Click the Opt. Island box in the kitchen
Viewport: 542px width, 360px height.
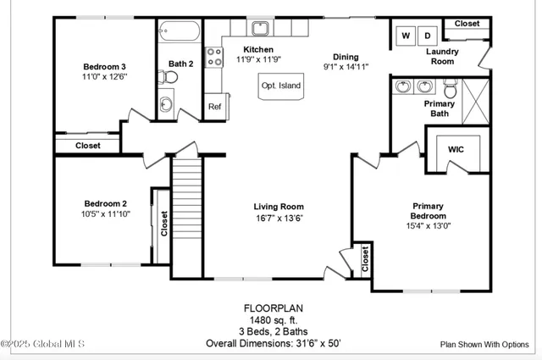[280, 86]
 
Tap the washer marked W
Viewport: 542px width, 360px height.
[405, 36]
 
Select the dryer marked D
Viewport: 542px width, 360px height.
[428, 36]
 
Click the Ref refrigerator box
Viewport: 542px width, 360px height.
[214, 107]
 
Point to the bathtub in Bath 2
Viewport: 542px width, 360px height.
[179, 33]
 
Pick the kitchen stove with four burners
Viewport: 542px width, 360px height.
[214, 58]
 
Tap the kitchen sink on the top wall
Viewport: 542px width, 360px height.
[260, 30]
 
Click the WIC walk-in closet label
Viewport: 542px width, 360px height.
[456, 149]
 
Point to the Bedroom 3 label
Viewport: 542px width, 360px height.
[105, 67]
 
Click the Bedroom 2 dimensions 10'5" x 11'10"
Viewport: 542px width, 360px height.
[105, 214]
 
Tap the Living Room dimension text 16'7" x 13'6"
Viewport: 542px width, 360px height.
[279, 218]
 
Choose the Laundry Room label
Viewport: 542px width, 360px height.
[441, 56]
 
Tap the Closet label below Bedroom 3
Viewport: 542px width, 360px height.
[87, 146]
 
